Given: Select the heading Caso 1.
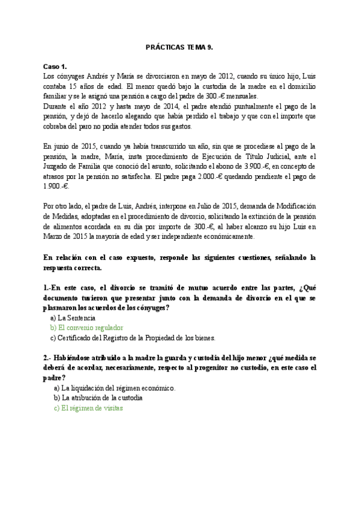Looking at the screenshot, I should [55, 66].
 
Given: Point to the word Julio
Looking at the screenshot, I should [196, 208].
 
